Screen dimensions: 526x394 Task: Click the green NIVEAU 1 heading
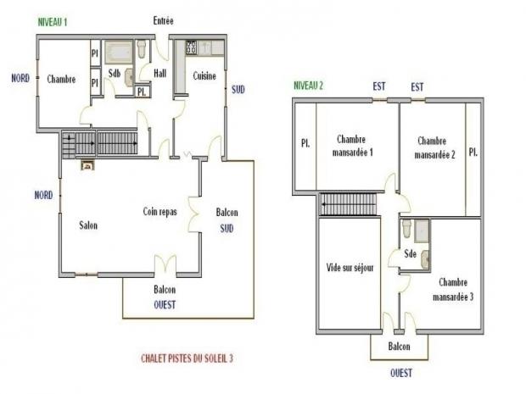(x=53, y=22)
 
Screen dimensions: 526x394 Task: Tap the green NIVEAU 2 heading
(x=308, y=86)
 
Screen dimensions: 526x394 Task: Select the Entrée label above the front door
(x=164, y=21)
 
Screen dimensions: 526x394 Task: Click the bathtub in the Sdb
(x=119, y=53)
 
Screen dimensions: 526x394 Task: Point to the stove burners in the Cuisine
(x=191, y=47)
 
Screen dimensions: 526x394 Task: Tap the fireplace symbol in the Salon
(x=88, y=165)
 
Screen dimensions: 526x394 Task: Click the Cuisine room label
(x=204, y=76)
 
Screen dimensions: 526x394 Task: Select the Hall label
(x=160, y=73)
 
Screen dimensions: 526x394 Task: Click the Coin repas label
(x=159, y=212)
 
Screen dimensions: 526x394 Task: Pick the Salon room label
(x=88, y=225)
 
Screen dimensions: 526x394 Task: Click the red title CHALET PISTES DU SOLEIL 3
(x=187, y=358)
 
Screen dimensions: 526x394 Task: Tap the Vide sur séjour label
(x=350, y=268)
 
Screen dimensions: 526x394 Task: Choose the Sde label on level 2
(x=410, y=253)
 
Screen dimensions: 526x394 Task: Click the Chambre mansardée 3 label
(x=453, y=290)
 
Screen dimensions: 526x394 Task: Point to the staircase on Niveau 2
(x=348, y=204)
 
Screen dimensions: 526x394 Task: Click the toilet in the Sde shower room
(x=406, y=229)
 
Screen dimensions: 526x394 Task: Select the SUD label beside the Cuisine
(x=238, y=90)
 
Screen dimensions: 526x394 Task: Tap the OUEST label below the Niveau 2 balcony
(x=401, y=373)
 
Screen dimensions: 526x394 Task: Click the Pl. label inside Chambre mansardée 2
(x=473, y=153)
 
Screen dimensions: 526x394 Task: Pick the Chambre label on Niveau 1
(x=61, y=79)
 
